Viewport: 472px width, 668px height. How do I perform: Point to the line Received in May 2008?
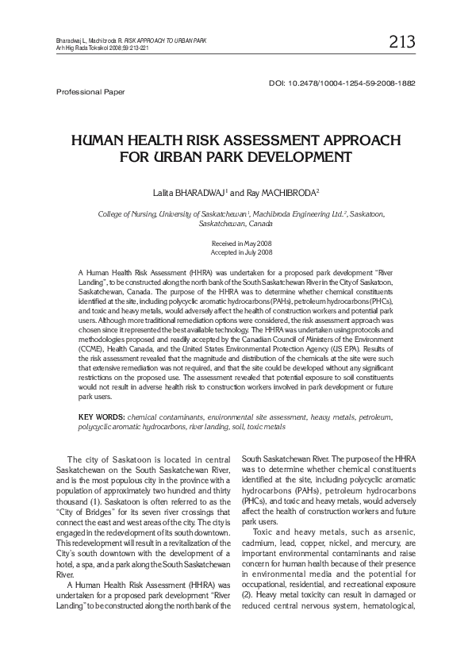236,242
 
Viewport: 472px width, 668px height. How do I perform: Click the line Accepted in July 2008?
236,251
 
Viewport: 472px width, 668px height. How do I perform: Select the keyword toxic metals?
265,426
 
